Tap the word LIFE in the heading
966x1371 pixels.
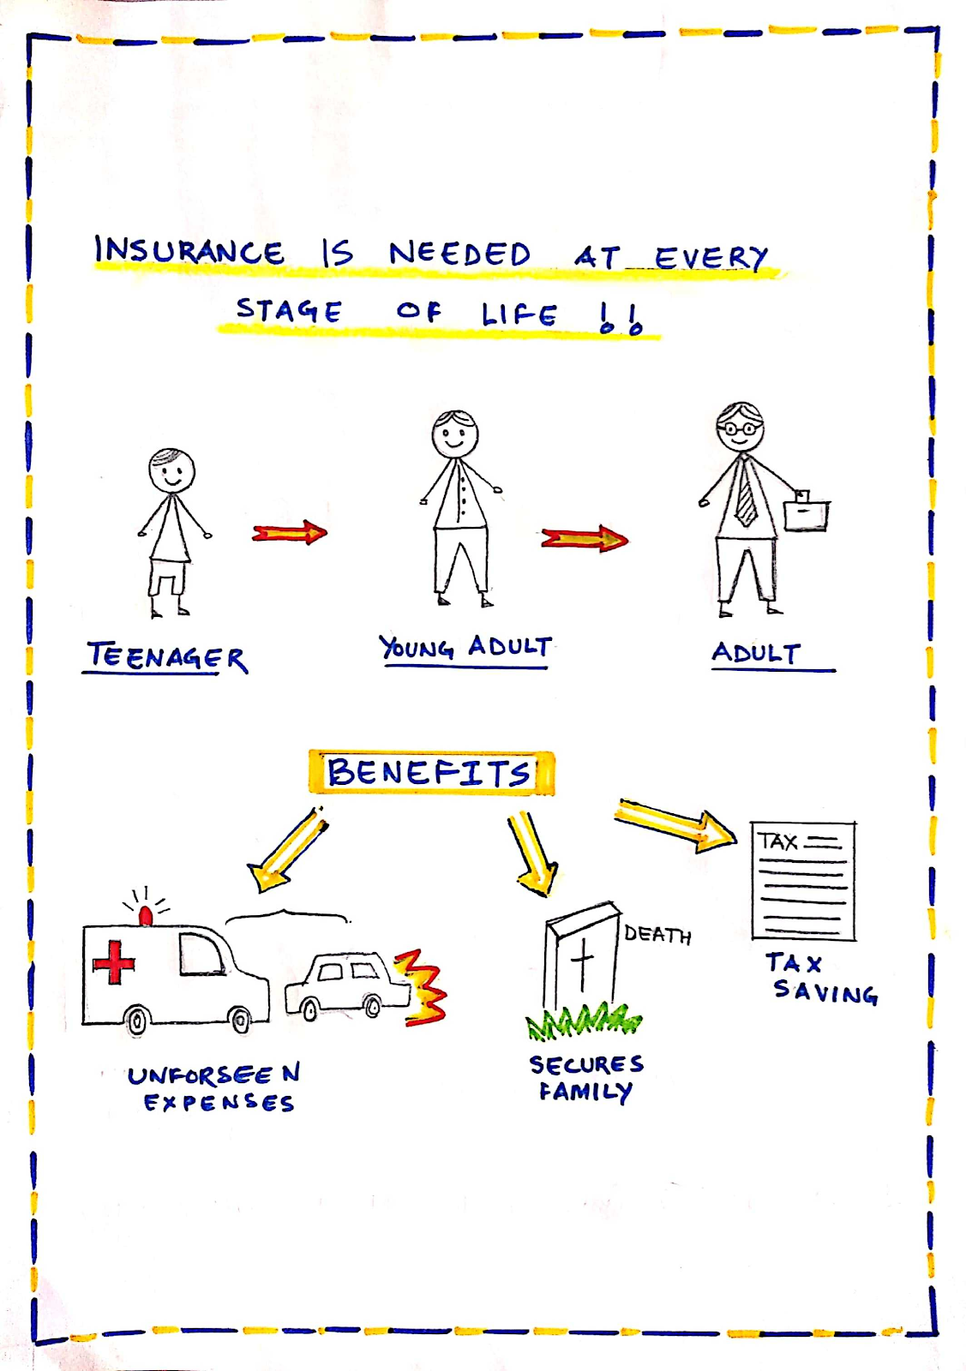519,314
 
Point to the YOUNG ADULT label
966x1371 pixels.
466,647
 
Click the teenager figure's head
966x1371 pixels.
171,470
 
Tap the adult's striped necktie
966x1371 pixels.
745,494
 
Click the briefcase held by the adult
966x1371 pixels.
807,513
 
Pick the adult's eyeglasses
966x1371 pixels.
739,428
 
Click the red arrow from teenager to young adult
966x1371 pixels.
290,533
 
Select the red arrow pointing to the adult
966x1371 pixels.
585,539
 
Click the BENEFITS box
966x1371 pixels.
430,773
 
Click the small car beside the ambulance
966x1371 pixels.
347,985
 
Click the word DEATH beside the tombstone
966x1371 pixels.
657,934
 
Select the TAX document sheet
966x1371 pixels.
802,881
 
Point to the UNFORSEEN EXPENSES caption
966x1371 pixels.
214,1088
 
